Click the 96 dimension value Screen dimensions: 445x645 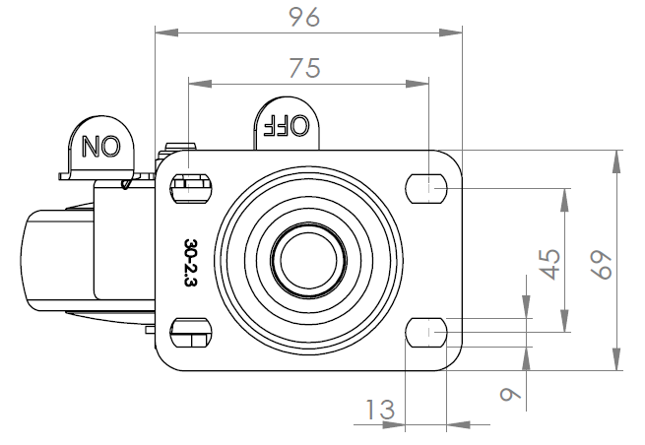[308, 17]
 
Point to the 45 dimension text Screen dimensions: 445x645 [550, 263]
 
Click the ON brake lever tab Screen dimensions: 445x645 [99, 148]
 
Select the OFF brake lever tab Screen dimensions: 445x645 [286, 124]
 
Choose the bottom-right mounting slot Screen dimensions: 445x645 [427, 332]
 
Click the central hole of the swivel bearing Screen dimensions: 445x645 [309, 260]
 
